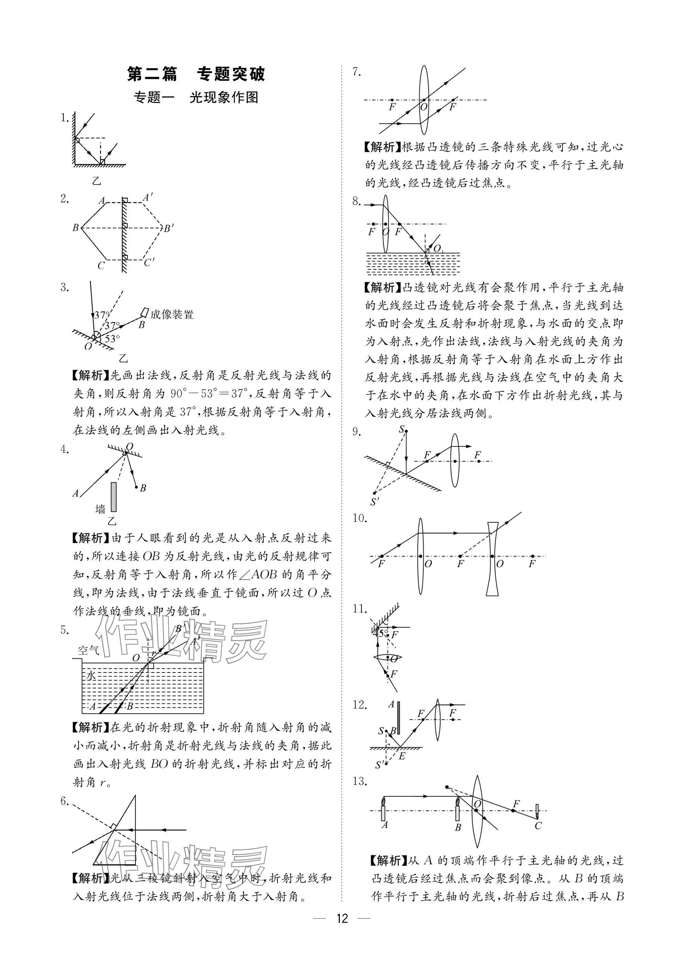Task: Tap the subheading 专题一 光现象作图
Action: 196,98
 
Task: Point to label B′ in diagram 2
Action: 169,229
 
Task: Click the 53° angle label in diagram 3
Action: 112,338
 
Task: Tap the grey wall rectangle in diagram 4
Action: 113,497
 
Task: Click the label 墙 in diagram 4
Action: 100,509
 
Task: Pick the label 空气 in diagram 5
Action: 88,650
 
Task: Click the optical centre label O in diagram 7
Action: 424,107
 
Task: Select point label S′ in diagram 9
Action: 374,501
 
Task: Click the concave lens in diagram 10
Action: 492,559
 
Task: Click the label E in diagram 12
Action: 402,756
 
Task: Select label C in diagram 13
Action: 538,826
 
